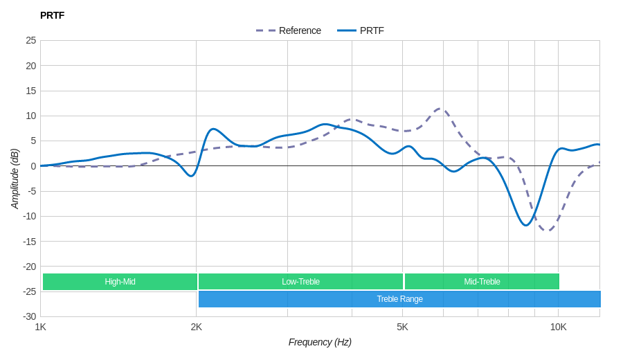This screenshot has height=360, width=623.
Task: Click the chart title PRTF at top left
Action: [x=52, y=15]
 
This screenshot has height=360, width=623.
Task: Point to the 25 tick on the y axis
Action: [x=30, y=40]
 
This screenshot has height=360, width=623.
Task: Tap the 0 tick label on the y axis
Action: [x=33, y=166]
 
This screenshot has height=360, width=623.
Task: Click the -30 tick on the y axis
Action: [x=29, y=316]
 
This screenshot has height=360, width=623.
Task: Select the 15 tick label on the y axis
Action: [x=30, y=91]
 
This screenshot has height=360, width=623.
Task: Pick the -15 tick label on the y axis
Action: [x=29, y=241]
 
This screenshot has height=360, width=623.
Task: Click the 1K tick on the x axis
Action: [x=41, y=327]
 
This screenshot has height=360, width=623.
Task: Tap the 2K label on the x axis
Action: [x=197, y=327]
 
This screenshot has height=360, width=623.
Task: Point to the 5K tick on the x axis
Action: [x=402, y=327]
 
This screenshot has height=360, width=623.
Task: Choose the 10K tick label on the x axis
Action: [x=558, y=327]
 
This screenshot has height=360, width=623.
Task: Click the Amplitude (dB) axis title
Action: [x=15, y=179]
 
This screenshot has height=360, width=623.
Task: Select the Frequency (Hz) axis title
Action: [x=320, y=342]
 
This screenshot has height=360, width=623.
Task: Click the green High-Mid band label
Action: [x=120, y=282]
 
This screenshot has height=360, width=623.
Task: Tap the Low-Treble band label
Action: [x=300, y=282]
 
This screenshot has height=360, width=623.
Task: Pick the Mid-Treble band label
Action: [x=482, y=282]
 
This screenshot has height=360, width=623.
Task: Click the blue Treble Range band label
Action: [x=399, y=299]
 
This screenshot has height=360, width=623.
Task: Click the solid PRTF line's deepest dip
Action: [x=526, y=225]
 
